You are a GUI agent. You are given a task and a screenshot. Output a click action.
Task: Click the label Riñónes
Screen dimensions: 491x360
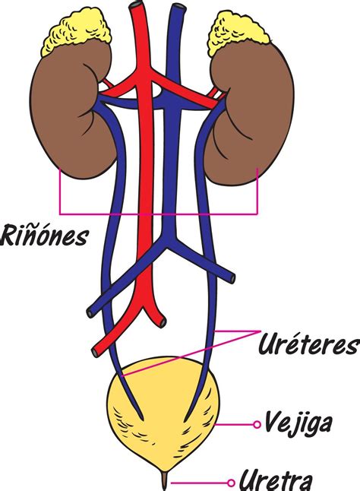point(44,234)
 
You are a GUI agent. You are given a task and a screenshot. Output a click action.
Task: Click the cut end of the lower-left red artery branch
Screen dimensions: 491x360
point(96,350)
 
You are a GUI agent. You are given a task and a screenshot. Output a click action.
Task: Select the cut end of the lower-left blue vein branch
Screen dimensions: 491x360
point(90,311)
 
